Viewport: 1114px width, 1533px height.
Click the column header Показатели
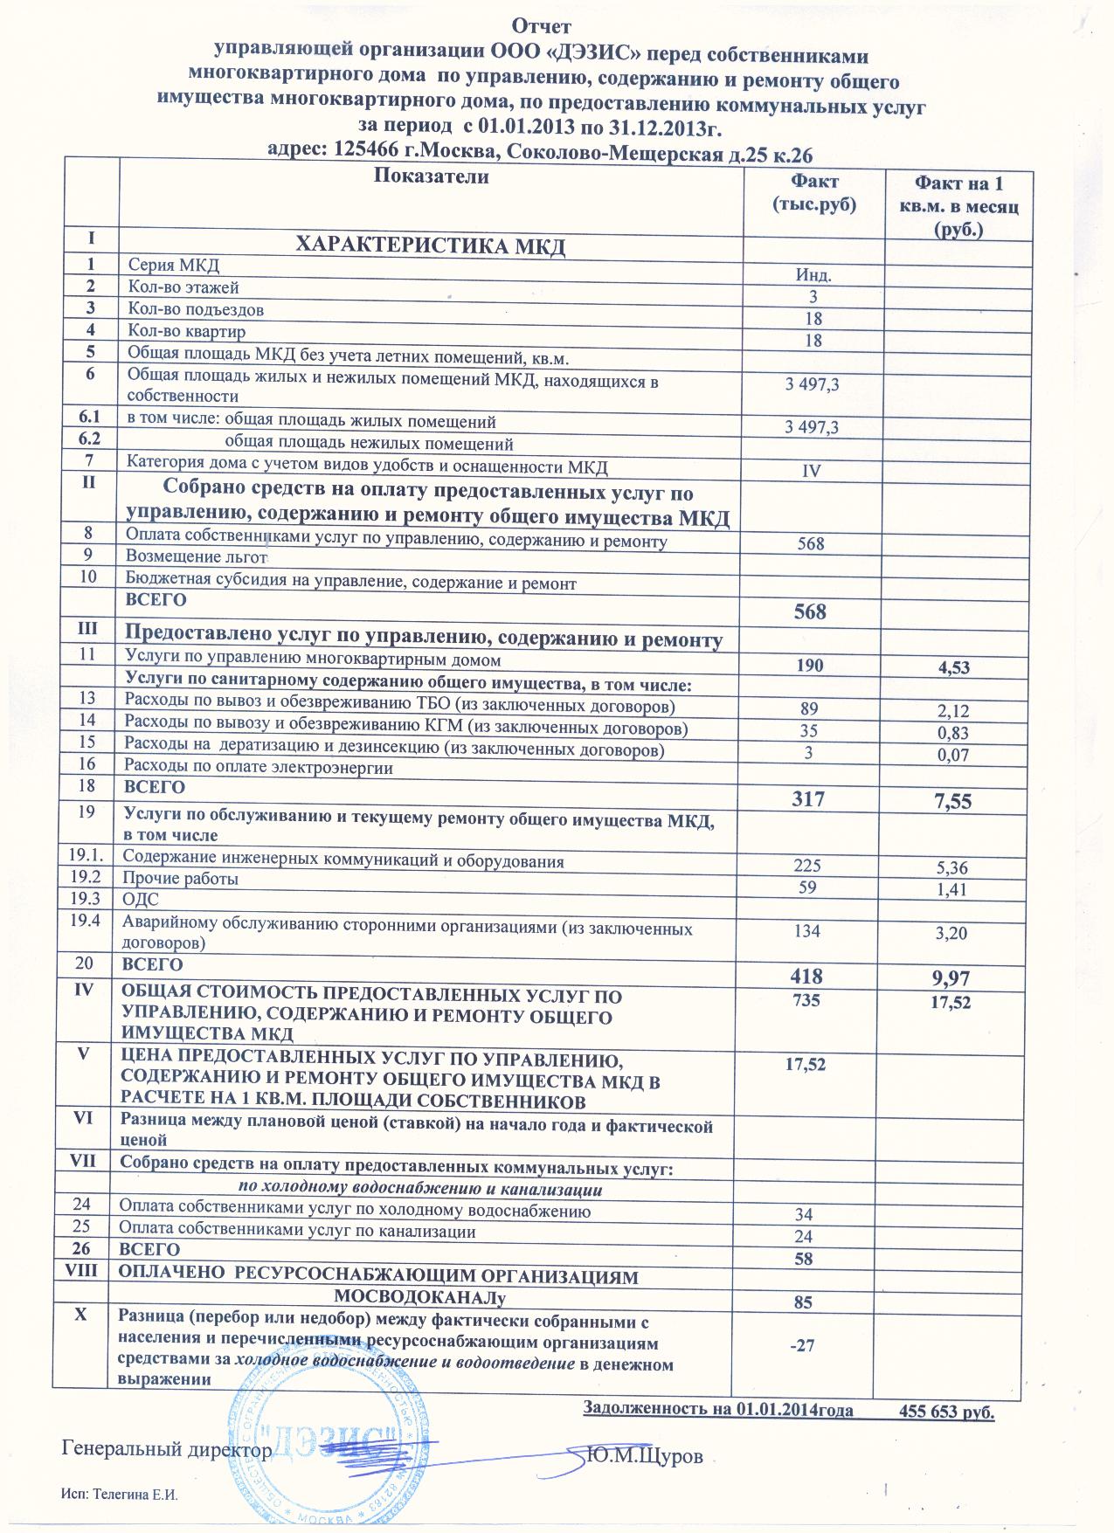click(x=431, y=177)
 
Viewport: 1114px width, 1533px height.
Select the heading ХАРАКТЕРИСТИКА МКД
click(x=432, y=246)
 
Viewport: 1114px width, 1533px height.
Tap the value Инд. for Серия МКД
click(x=813, y=275)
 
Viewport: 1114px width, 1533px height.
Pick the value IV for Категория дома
click(x=813, y=471)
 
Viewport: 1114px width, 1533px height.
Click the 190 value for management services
click(x=810, y=666)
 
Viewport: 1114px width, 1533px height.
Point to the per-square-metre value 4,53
click(x=953, y=668)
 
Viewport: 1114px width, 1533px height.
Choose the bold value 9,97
click(x=952, y=977)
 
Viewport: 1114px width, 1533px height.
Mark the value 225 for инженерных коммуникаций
click(x=808, y=867)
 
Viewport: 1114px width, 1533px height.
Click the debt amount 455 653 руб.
click(x=947, y=1411)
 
